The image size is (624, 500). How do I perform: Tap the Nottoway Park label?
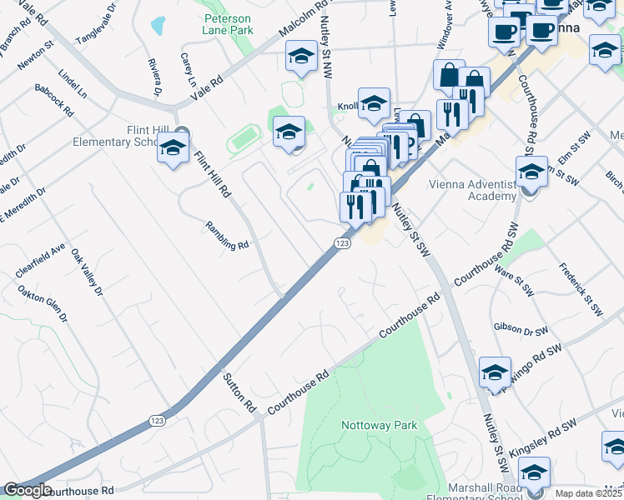click(379, 425)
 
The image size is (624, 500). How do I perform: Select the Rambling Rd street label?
click(228, 235)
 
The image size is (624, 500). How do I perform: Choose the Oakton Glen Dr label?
click(42, 305)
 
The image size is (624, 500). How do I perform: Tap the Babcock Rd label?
click(55, 99)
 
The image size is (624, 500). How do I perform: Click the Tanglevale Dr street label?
click(98, 27)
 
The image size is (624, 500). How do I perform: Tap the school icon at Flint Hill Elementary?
click(173, 150)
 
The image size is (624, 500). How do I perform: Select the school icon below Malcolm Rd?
click(300, 57)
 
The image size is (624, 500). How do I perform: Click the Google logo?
click(27, 490)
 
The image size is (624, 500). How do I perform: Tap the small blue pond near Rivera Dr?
click(158, 26)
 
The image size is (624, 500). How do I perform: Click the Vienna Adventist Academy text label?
click(472, 191)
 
